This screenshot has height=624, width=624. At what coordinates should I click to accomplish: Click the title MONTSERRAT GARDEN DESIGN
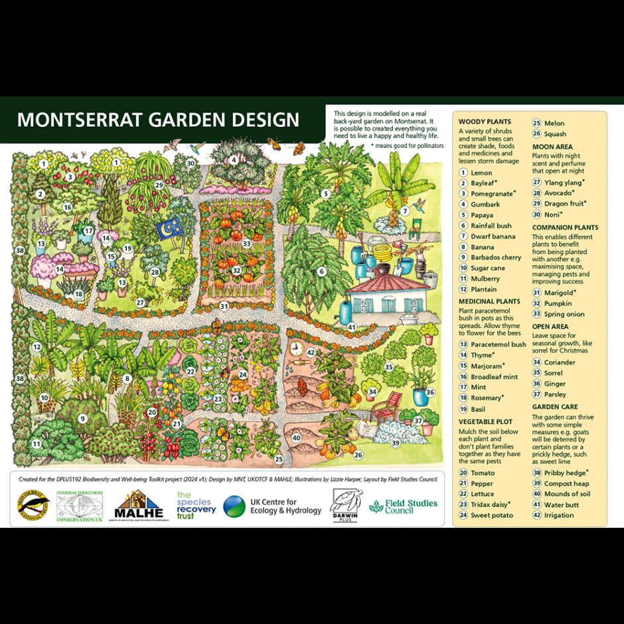click(x=158, y=120)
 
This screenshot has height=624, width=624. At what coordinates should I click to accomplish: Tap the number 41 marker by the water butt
click(x=352, y=327)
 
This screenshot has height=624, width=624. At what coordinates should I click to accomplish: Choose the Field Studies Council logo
click(x=404, y=507)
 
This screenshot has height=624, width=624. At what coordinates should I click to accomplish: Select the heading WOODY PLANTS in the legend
click(x=485, y=122)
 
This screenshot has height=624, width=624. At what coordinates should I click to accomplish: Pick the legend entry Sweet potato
click(x=491, y=515)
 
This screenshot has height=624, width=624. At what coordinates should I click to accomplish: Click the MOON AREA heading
click(x=552, y=146)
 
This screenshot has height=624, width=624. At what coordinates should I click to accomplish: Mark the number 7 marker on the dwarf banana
click(x=404, y=211)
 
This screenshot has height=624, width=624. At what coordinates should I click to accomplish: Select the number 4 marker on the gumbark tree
click(x=234, y=160)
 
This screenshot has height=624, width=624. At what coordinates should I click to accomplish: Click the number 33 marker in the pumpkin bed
click(x=247, y=244)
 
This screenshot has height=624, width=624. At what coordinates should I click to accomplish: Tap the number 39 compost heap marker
click(x=396, y=443)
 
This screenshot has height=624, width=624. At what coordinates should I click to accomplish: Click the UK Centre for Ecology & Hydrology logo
click(x=272, y=507)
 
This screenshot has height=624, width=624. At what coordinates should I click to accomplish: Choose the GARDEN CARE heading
click(x=555, y=407)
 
